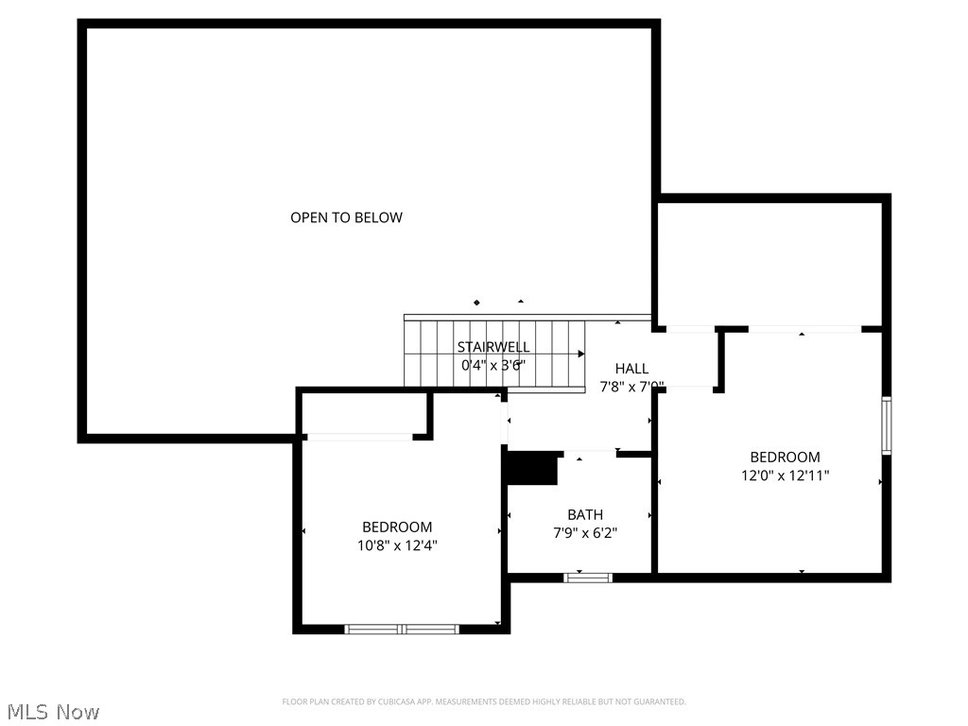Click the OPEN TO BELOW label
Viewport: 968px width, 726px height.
click(x=346, y=217)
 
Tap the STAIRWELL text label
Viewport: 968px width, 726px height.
click(x=493, y=347)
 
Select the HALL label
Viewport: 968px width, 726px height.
click(x=631, y=369)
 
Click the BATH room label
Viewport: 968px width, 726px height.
click(x=585, y=515)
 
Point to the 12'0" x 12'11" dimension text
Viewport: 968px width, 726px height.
click(x=785, y=475)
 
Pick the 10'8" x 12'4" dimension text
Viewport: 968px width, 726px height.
click(x=397, y=545)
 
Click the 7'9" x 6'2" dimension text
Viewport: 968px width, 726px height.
click(x=585, y=533)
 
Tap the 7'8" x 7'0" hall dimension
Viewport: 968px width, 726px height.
click(x=631, y=387)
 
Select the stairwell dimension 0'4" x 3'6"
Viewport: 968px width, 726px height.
click(x=493, y=365)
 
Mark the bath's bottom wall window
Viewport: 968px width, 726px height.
click(x=588, y=577)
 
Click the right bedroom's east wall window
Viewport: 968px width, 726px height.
click(x=887, y=426)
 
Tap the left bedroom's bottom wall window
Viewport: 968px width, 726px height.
click(x=402, y=629)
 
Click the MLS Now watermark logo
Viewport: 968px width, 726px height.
click(x=52, y=712)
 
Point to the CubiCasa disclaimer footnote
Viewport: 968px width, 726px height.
click(x=484, y=701)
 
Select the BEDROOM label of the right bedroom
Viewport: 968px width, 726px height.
click(x=785, y=458)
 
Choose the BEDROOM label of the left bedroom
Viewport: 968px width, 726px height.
click(x=397, y=527)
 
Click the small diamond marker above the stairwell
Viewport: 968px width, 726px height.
click(x=476, y=302)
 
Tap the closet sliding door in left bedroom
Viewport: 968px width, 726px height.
click(x=359, y=437)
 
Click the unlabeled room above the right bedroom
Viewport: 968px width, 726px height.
click(x=770, y=263)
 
